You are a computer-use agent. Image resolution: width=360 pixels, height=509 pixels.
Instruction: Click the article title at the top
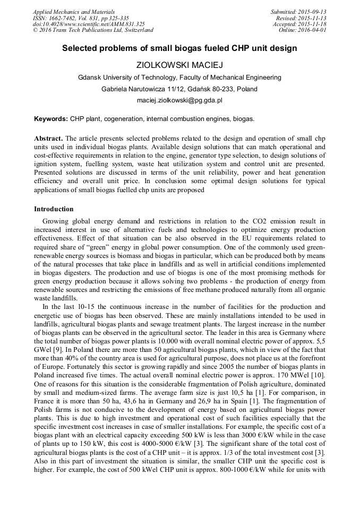(179, 48)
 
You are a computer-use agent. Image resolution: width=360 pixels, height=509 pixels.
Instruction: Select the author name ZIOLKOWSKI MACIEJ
(179, 65)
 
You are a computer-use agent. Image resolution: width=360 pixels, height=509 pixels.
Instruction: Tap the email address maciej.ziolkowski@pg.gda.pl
(179, 100)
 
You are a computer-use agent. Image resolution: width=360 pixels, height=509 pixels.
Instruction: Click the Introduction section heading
(54, 209)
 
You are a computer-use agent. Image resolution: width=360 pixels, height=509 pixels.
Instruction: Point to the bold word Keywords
(51, 119)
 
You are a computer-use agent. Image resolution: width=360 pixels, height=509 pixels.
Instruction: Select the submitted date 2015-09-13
(313, 12)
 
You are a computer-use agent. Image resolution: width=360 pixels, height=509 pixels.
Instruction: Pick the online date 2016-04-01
(314, 30)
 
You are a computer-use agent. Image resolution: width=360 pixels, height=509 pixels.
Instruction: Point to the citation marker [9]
(56, 366)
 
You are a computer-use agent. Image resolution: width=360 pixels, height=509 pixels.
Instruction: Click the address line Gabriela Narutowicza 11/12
(179, 89)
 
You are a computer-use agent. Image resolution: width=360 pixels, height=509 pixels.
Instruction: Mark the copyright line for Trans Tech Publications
(93, 30)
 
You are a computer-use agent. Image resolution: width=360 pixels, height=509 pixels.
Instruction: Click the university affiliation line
(179, 77)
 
